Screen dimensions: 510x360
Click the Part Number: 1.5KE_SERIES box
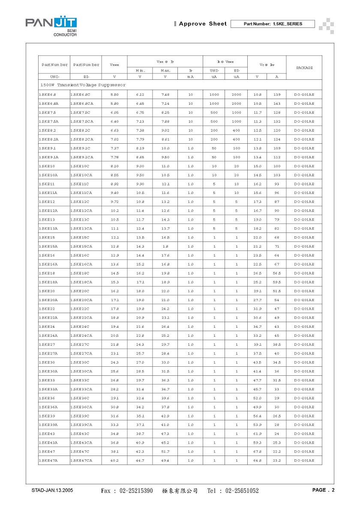point(273,24)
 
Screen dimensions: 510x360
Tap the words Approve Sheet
point(203,24)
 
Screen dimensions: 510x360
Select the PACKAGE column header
point(304,68)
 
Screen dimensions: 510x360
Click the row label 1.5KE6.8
point(48,94)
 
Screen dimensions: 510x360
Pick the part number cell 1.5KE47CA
point(81,460)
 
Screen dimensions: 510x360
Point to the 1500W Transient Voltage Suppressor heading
point(83,85)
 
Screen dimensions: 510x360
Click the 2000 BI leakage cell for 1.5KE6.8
point(236,94)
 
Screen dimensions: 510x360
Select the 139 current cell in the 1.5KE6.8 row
point(276,94)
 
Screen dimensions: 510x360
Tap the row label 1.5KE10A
point(48,175)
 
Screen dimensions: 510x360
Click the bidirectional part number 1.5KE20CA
point(81,300)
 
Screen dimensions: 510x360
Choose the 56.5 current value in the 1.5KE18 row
point(276,273)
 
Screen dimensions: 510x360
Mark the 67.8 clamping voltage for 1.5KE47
point(257,451)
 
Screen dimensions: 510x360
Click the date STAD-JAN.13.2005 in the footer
point(52,490)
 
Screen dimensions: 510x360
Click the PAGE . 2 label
point(323,490)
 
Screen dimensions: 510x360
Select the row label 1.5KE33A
point(48,389)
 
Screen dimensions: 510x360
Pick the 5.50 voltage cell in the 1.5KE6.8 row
point(114,94)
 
